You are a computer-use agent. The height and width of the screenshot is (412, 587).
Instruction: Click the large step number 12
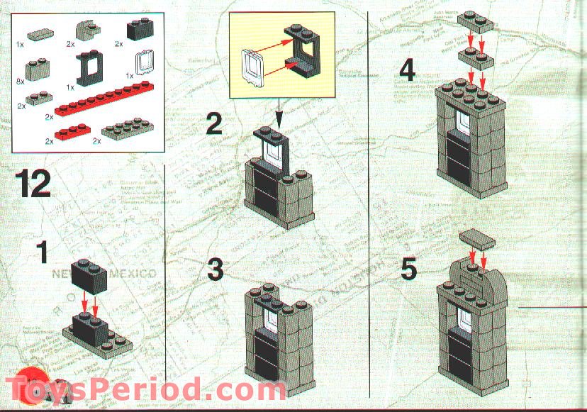click(x=33, y=184)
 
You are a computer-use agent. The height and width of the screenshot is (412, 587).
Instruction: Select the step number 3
click(x=216, y=270)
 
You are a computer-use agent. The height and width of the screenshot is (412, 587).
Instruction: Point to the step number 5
click(x=409, y=269)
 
